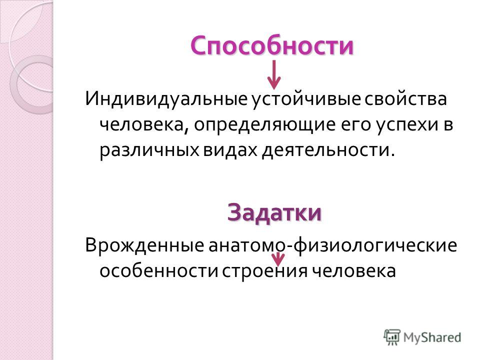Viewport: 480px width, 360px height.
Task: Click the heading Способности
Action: tap(272, 45)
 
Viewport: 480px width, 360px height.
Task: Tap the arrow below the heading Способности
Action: tap(274, 74)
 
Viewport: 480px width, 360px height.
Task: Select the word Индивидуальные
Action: tap(166, 99)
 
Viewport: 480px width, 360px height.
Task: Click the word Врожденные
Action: tap(144, 245)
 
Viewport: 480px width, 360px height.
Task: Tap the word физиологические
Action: tap(374, 245)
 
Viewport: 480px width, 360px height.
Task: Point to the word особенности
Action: tap(158, 271)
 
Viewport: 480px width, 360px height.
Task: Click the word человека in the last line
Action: tap(351, 271)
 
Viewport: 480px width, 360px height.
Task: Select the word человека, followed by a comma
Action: tap(143, 125)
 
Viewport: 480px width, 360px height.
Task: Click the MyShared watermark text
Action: tap(432, 337)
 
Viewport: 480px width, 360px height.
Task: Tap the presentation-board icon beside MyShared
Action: tap(392, 337)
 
